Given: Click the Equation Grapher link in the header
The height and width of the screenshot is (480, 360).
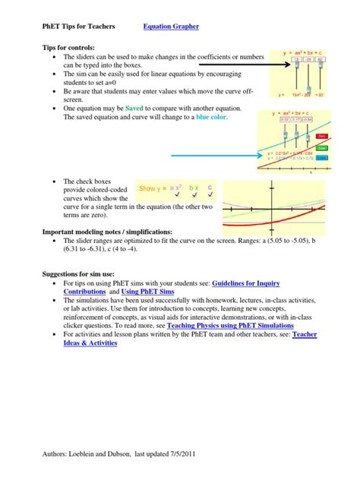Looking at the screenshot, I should click(x=171, y=27).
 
